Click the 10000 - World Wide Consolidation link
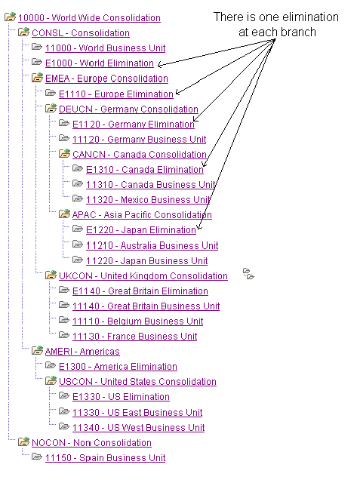tap(89, 18)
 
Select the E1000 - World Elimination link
tap(100, 63)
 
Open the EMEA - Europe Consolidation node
tap(106, 78)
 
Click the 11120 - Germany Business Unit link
tap(139, 140)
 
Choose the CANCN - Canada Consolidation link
tap(140, 155)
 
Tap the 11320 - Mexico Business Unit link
tap(148, 200)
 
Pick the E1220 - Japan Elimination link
tap(141, 230)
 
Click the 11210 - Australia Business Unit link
tap(152, 246)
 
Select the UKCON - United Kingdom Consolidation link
tap(143, 276)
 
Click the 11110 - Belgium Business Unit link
tap(137, 321)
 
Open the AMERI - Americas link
tap(82, 352)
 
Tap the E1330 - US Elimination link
tap(121, 397)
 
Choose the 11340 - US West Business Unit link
tap(138, 428)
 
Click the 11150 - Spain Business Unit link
tap(106, 458)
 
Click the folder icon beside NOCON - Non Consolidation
tap(24, 441)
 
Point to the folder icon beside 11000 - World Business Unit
tap(37, 47)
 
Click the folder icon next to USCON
tap(51, 380)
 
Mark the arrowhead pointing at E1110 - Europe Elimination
tap(177, 92)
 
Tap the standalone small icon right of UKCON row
tap(248, 274)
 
